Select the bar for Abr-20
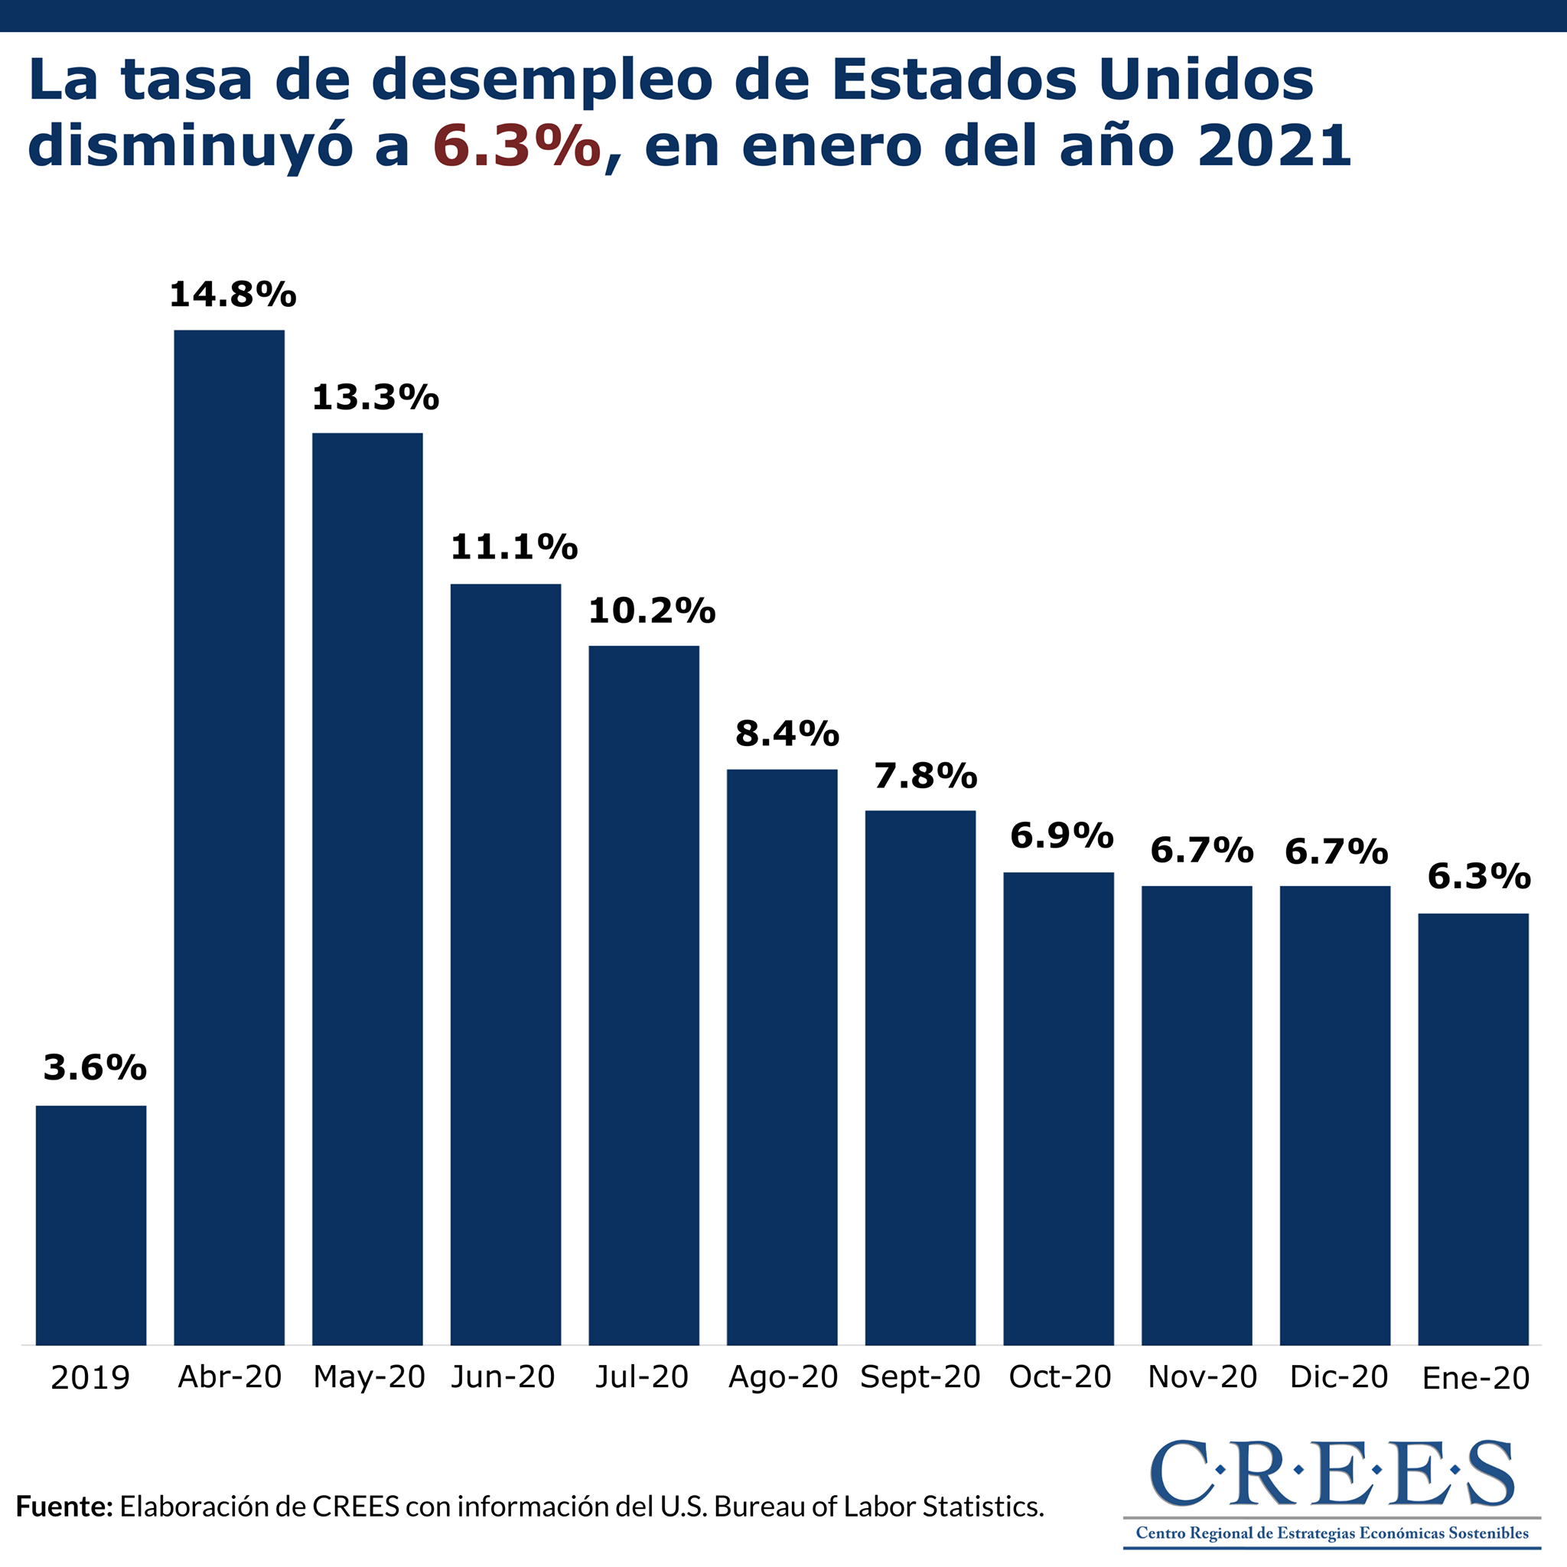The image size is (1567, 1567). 230,837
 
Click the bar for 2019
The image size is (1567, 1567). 91,1225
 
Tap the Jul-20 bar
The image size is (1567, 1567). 644,995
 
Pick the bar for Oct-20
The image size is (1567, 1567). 1058,1109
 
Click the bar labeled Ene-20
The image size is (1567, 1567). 1473,1129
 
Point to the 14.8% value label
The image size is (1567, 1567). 233,295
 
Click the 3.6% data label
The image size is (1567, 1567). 95,1068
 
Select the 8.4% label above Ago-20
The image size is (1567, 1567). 787,734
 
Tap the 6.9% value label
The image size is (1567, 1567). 1062,836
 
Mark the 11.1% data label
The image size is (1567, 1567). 514,548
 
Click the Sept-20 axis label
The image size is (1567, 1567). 920,1377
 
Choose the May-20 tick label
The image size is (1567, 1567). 369,1378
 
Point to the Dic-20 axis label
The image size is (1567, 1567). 1339,1376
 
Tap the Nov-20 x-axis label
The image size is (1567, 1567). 1203,1376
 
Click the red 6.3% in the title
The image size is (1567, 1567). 516,146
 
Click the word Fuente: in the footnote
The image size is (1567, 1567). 64,1506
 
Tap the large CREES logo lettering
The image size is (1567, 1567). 1332,1472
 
